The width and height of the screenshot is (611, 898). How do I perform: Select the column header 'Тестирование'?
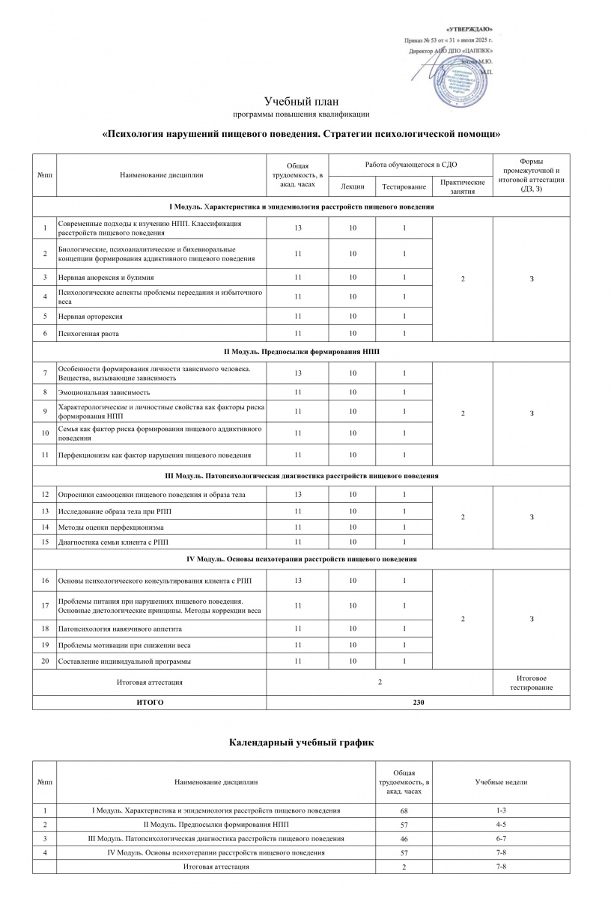pyautogui.click(x=404, y=186)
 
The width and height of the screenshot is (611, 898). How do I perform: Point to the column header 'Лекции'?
pyautogui.click(x=352, y=186)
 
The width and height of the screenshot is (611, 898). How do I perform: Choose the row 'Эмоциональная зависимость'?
pyautogui.click(x=104, y=392)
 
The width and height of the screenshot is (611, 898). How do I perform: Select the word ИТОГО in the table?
pyautogui.click(x=149, y=703)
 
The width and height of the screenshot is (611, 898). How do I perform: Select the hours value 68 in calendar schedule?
pyautogui.click(x=404, y=810)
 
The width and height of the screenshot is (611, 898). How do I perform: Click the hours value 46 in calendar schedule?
pyautogui.click(x=404, y=838)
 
